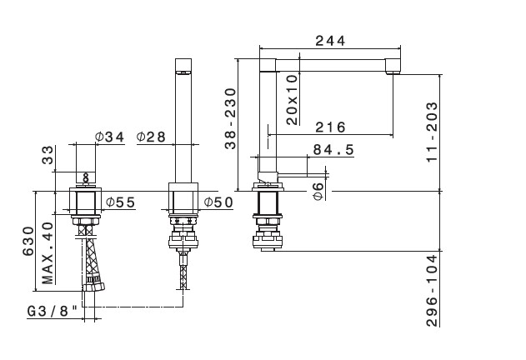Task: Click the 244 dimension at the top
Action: [330, 41]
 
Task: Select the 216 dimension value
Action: [330, 127]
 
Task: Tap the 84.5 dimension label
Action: [333, 150]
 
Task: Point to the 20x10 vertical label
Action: [293, 100]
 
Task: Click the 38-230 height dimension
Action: [230, 118]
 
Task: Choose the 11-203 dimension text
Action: [432, 132]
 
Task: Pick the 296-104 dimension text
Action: [432, 291]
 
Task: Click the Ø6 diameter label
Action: [318, 191]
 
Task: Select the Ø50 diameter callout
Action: [218, 202]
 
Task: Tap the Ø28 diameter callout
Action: [151, 137]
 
